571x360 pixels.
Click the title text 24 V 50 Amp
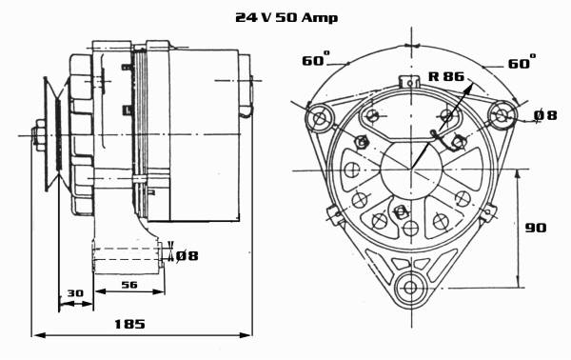point(286,17)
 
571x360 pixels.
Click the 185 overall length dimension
point(129,324)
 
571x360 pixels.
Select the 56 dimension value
point(129,284)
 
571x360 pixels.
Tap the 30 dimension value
point(75,293)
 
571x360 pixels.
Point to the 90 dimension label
point(536,228)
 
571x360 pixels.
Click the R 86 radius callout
point(446,76)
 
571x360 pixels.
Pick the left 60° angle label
point(316,59)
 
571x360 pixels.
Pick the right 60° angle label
point(522,62)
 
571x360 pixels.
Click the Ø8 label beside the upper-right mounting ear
point(545,115)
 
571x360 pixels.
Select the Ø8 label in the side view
point(187,256)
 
